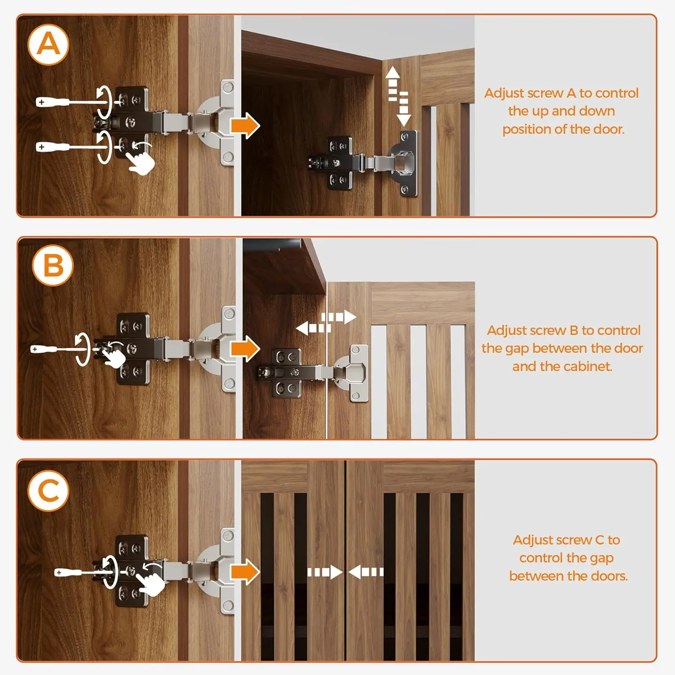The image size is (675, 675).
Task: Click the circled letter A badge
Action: pyautogui.click(x=48, y=45)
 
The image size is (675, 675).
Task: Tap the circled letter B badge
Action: pyautogui.click(x=53, y=265)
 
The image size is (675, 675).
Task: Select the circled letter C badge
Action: pyautogui.click(x=49, y=490)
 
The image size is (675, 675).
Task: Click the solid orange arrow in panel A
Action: pyautogui.click(x=245, y=126)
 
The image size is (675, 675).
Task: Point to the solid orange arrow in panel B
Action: pyautogui.click(x=245, y=349)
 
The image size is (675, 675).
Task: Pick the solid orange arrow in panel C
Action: pyautogui.click(x=245, y=572)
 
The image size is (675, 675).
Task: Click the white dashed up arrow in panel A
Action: pyautogui.click(x=392, y=83)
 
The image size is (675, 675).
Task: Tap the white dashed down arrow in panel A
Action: pyautogui.click(x=404, y=109)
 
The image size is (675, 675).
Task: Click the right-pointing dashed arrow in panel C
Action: pyautogui.click(x=325, y=572)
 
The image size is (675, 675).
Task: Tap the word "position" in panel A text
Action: pyautogui.click(x=526, y=130)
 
